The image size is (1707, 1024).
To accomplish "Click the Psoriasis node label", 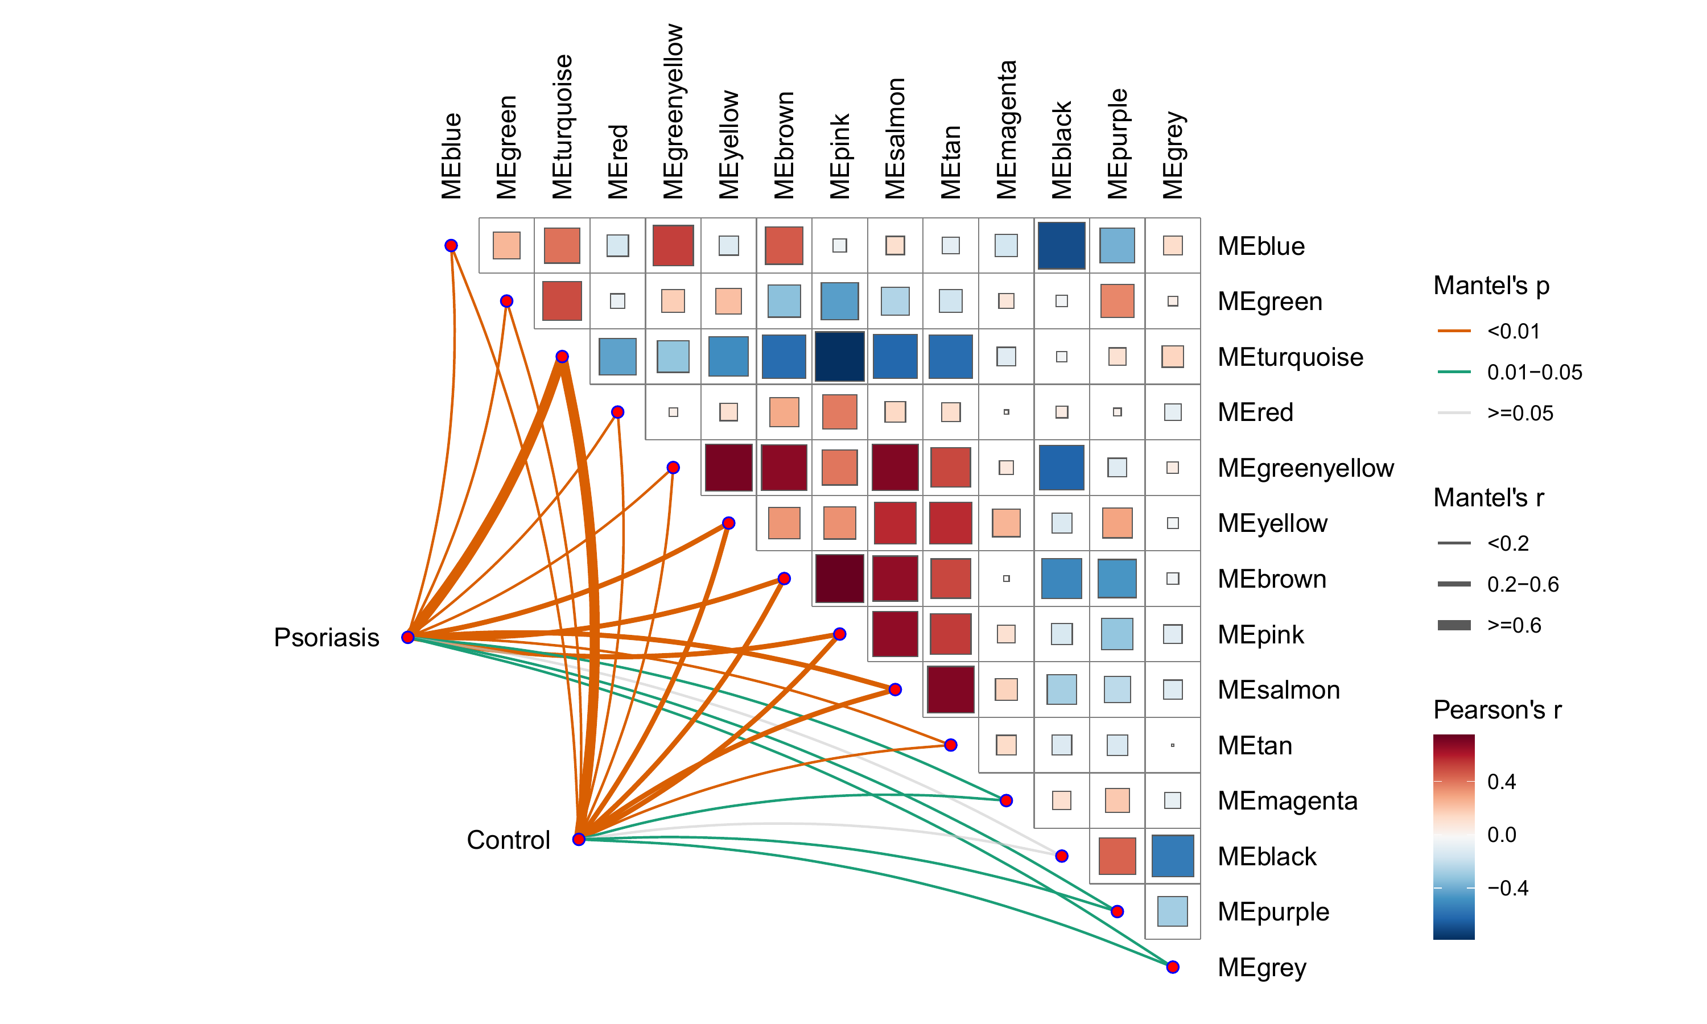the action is [327, 638].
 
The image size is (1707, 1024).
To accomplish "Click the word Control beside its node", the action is [509, 840].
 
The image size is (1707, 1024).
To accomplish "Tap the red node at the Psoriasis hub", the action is [408, 637].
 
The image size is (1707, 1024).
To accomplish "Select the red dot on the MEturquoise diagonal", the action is [562, 356].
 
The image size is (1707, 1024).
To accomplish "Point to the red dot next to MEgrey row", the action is [1173, 967].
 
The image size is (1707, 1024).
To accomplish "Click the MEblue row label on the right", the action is [1261, 246].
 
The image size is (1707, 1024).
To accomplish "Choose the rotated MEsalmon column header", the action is [895, 139].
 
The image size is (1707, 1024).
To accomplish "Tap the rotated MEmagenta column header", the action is [1007, 130].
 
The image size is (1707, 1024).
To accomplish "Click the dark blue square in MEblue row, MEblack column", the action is [1062, 246].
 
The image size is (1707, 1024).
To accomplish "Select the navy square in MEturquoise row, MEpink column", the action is [840, 357].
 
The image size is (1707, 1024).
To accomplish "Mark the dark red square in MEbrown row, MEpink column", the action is [840, 578].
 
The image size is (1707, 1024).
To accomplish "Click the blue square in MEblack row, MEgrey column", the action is [1173, 856].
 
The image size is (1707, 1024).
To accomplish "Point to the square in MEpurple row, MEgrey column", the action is [1173, 911].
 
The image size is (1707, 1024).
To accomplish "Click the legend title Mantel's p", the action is [1492, 286].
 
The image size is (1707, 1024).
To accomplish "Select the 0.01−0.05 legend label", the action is [1535, 373].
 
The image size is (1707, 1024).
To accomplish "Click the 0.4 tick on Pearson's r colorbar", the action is [1502, 782].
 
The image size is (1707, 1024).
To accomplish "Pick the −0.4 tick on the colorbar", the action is [1508, 888].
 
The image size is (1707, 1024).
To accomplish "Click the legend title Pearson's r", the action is [1497, 710].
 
